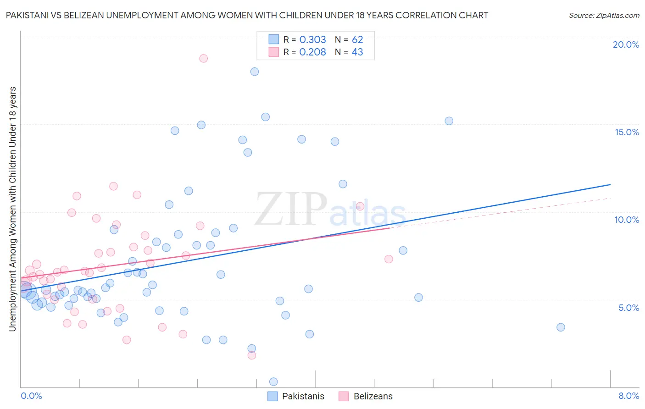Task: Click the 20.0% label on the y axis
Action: click(626, 44)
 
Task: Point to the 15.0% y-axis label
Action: click(627, 132)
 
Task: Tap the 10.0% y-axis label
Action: click(627, 220)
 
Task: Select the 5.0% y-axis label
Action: click(628, 308)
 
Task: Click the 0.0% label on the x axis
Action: click(31, 396)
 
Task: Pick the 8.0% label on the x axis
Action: click(628, 396)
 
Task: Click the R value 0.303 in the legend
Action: click(312, 40)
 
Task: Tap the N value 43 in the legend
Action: click(357, 52)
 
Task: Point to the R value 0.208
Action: click(312, 52)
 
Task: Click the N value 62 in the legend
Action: click(357, 40)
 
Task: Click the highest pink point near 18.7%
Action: click(203, 59)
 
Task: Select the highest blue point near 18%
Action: click(255, 72)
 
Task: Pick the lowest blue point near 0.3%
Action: click(273, 381)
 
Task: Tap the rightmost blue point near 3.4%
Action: click(561, 327)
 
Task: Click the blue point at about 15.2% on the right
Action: click(449, 121)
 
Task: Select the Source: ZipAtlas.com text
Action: click(604, 15)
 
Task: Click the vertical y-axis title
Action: click(12, 209)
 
